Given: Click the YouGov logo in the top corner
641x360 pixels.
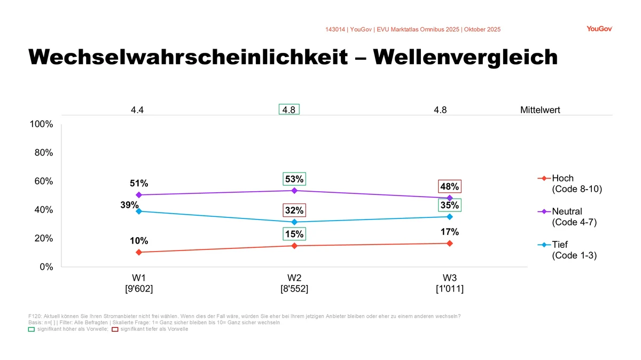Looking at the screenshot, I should (x=599, y=29).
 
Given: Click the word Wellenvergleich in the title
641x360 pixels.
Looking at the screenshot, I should (x=465, y=57).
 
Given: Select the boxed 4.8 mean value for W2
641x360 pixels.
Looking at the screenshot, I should (x=289, y=110).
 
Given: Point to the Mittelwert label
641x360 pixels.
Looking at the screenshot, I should (x=540, y=111).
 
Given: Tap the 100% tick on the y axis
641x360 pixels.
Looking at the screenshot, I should (x=41, y=124).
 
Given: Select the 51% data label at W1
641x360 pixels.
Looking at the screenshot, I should (x=139, y=184).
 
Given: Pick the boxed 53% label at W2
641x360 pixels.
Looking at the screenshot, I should (x=294, y=178).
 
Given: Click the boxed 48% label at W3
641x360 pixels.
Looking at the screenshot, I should (x=450, y=186).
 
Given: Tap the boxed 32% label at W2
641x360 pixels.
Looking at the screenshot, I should (x=294, y=210).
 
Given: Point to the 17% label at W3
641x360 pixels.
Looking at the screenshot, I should (x=450, y=232).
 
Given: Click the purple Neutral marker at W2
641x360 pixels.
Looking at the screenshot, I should (x=294, y=191).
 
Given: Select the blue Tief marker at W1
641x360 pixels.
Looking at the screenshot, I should (x=139, y=212).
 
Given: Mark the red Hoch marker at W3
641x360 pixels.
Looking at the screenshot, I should (x=450, y=244).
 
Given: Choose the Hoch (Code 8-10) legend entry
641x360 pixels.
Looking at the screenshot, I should (x=569, y=184).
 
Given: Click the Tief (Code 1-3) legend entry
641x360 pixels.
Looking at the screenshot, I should (x=569, y=250).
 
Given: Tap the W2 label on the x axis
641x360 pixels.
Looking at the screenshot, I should (x=294, y=278).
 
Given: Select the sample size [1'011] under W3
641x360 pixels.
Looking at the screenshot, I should (x=450, y=289).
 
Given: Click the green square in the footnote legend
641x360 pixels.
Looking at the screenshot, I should (x=31, y=329).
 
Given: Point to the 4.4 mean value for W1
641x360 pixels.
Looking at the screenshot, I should (x=137, y=111).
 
